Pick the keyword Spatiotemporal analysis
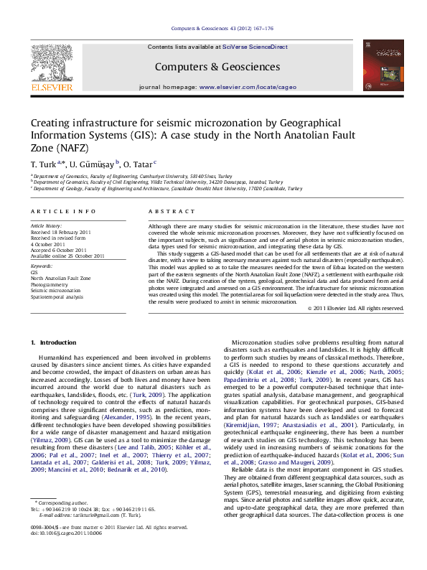click(x=57, y=296)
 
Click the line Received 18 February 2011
click(x=60, y=233)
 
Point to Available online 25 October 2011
click(x=67, y=256)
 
